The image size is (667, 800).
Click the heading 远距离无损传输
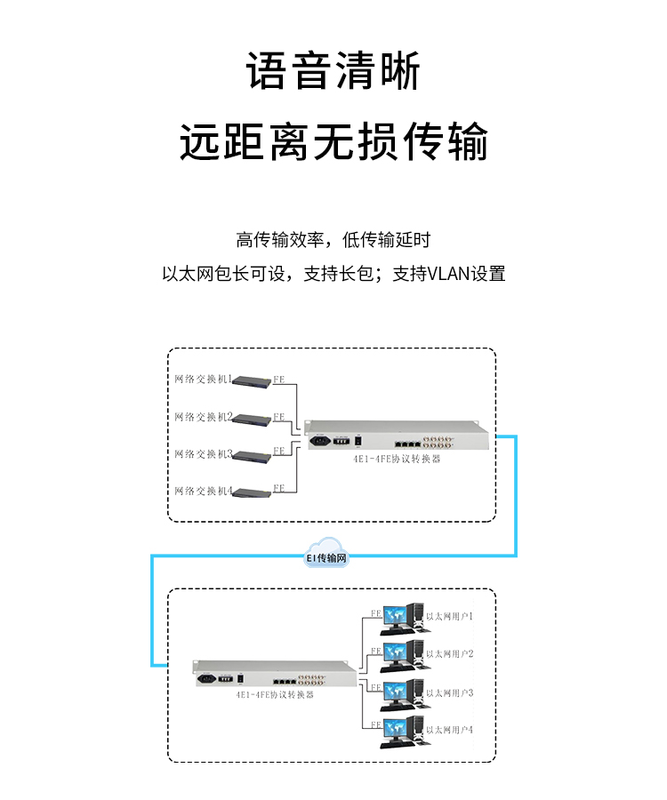(x=333, y=142)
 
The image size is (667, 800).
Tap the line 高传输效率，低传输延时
(x=333, y=240)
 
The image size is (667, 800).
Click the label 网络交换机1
(x=204, y=380)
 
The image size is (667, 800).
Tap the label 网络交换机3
(x=204, y=454)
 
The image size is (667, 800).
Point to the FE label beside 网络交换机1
(x=279, y=379)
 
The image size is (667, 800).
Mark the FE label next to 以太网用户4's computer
(x=376, y=724)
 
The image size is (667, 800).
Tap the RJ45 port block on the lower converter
(x=285, y=678)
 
